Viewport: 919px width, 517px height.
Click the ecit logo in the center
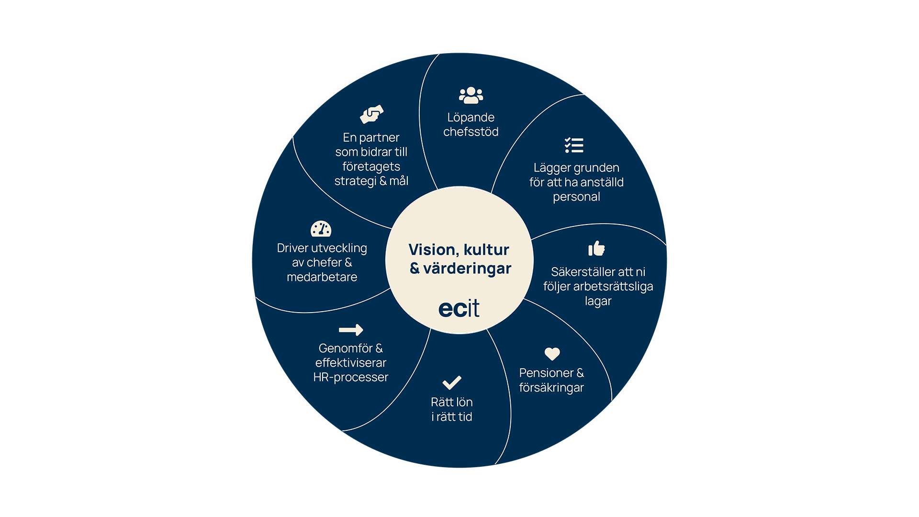(x=459, y=308)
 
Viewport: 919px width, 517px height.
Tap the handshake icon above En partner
(x=372, y=114)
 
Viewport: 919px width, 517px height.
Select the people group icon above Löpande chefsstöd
(x=471, y=95)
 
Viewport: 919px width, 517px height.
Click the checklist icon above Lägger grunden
(x=574, y=145)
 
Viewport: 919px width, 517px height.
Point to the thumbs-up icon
(x=596, y=248)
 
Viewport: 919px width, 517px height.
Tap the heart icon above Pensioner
(x=552, y=354)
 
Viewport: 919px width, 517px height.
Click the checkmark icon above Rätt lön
(x=452, y=382)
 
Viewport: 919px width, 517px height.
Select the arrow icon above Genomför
(x=351, y=330)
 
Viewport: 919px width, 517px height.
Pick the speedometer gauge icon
(x=321, y=229)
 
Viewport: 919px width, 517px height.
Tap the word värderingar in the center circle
(x=467, y=269)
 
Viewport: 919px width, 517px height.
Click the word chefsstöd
(x=471, y=132)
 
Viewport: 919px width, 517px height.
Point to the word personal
(x=576, y=197)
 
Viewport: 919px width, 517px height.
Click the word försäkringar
(x=551, y=387)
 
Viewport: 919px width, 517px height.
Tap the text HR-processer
(x=350, y=377)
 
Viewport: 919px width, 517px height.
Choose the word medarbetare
(x=322, y=277)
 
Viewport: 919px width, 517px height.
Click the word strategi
(x=355, y=181)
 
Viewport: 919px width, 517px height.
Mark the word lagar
(x=598, y=301)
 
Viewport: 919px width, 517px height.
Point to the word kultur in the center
(x=486, y=249)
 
